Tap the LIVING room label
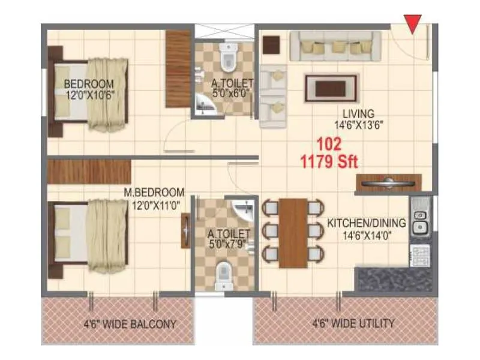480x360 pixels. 359,113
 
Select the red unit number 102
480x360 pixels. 328,145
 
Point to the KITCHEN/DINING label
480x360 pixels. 366,223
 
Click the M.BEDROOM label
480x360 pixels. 153,192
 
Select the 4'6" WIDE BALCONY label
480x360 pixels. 130,324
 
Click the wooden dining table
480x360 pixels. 293,233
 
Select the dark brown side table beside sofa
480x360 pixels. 272,44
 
